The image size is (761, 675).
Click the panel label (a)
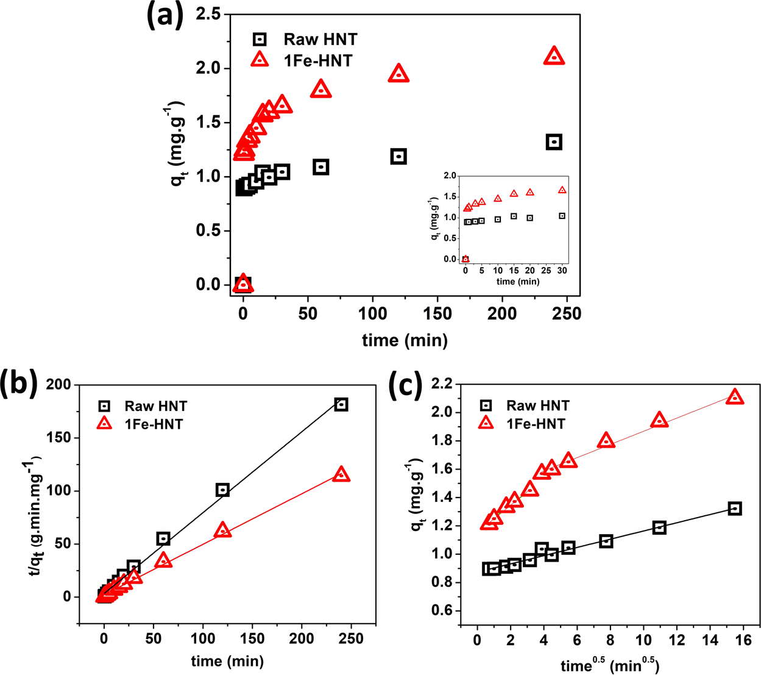pyautogui.click(x=165, y=15)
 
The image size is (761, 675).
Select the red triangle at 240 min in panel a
pyautogui.click(x=554, y=56)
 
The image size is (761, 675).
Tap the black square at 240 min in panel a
pyautogui.click(x=554, y=142)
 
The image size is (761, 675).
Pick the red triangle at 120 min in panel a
pyautogui.click(x=398, y=74)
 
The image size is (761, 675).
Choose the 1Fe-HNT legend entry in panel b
pyautogui.click(x=153, y=424)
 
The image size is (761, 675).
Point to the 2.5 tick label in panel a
pyautogui.click(x=208, y=14)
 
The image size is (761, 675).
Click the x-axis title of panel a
pyautogui.click(x=405, y=340)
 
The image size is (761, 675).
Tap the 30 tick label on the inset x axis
pyautogui.click(x=562, y=271)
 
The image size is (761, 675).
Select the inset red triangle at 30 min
pyautogui.click(x=562, y=190)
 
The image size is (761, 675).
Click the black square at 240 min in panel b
pyautogui.click(x=341, y=404)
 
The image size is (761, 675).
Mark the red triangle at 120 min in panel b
pyautogui.click(x=222, y=530)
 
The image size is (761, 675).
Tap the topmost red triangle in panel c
pyautogui.click(x=735, y=397)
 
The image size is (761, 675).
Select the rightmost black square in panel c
pyautogui.click(x=735, y=509)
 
